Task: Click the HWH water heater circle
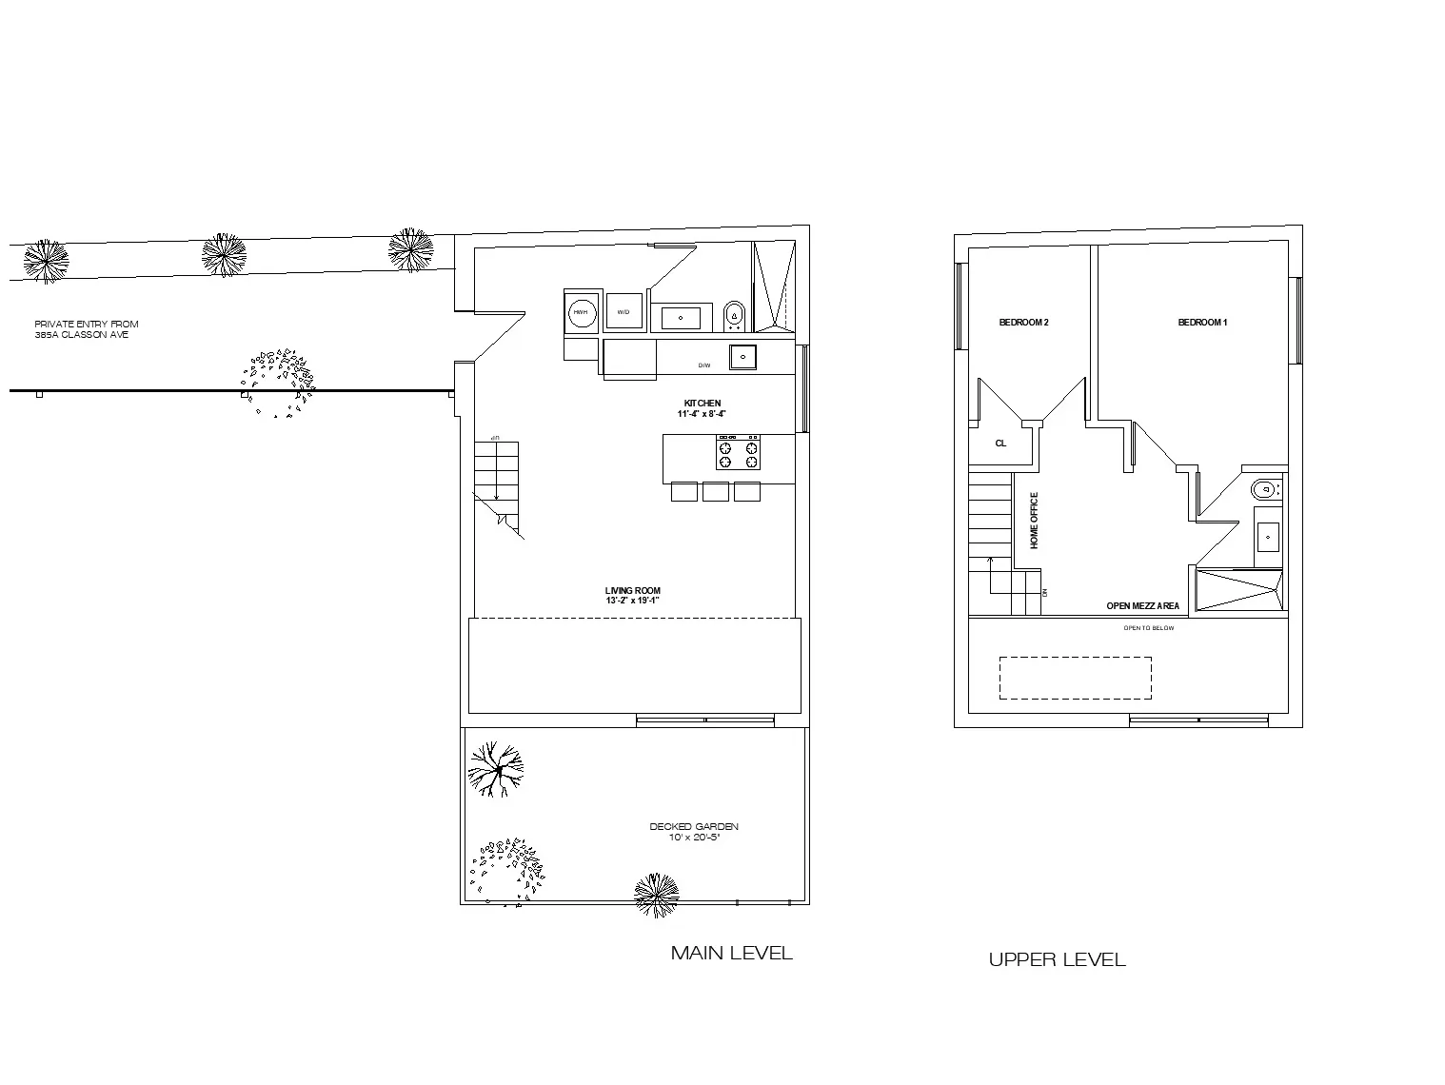pyautogui.click(x=580, y=311)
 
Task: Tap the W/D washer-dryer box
pyautogui.click(x=624, y=311)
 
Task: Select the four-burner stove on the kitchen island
pyautogui.click(x=738, y=453)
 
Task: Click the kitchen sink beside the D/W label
pyautogui.click(x=743, y=357)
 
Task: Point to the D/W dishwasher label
pyautogui.click(x=704, y=365)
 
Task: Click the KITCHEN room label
pyautogui.click(x=703, y=404)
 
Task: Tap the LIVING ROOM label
pyautogui.click(x=632, y=591)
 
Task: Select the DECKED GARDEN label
pyautogui.click(x=694, y=827)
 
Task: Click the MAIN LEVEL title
pyautogui.click(x=731, y=953)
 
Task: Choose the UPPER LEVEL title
pyautogui.click(x=1057, y=959)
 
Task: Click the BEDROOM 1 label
pyautogui.click(x=1202, y=323)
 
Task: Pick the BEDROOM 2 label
pyautogui.click(x=1023, y=323)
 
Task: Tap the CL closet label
pyautogui.click(x=1000, y=444)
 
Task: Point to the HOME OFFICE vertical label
pyautogui.click(x=1035, y=520)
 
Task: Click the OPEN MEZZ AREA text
pyautogui.click(x=1142, y=606)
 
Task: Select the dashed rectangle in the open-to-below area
pyautogui.click(x=1075, y=678)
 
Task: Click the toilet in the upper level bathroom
pyautogui.click(x=1263, y=490)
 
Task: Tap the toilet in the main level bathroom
pyautogui.click(x=734, y=313)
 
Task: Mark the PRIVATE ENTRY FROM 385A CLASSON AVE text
pyautogui.click(x=86, y=329)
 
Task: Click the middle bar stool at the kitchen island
pyautogui.click(x=716, y=491)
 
